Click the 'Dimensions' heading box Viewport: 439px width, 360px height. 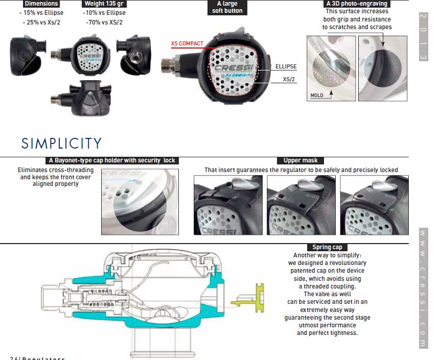pyautogui.click(x=41, y=4)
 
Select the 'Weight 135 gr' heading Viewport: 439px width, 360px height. pyautogui.click(x=104, y=4)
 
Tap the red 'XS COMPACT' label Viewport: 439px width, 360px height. pyautogui.click(x=187, y=44)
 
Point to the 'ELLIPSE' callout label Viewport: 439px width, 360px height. pyautogui.click(x=286, y=67)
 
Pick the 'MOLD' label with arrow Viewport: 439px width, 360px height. pyautogui.click(x=317, y=95)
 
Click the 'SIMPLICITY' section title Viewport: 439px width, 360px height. pyautogui.click(x=61, y=143)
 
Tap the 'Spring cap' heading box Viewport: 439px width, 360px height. pyautogui.click(x=327, y=247)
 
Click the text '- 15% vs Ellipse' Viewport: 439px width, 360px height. pyautogui.click(x=41, y=13)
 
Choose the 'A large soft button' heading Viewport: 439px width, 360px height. pyautogui.click(x=227, y=7)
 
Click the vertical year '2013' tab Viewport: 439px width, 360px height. pyautogui.click(x=423, y=36)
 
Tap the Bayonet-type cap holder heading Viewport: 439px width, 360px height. pyautogui.click(x=112, y=160)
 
